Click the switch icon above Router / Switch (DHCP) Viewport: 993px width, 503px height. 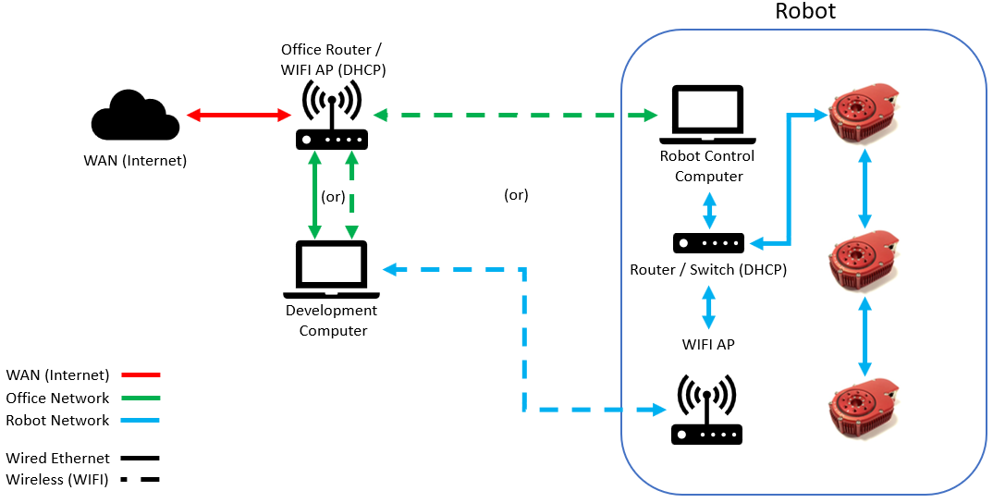[708, 243]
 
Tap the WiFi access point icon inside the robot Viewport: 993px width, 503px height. [707, 411]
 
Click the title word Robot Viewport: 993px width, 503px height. [804, 12]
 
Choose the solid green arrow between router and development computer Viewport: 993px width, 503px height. [315, 195]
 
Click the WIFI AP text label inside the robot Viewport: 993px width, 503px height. [708, 345]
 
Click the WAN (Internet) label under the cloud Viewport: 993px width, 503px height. [134, 161]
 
